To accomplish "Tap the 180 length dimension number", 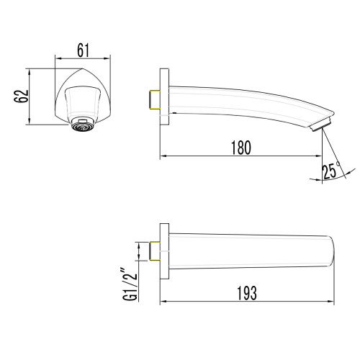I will tap(241, 148).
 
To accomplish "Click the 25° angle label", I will tap(331, 171).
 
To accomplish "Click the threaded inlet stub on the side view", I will tap(153, 99).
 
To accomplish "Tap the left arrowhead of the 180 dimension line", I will tap(162, 156).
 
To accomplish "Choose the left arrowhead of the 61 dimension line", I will tap(58, 58).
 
